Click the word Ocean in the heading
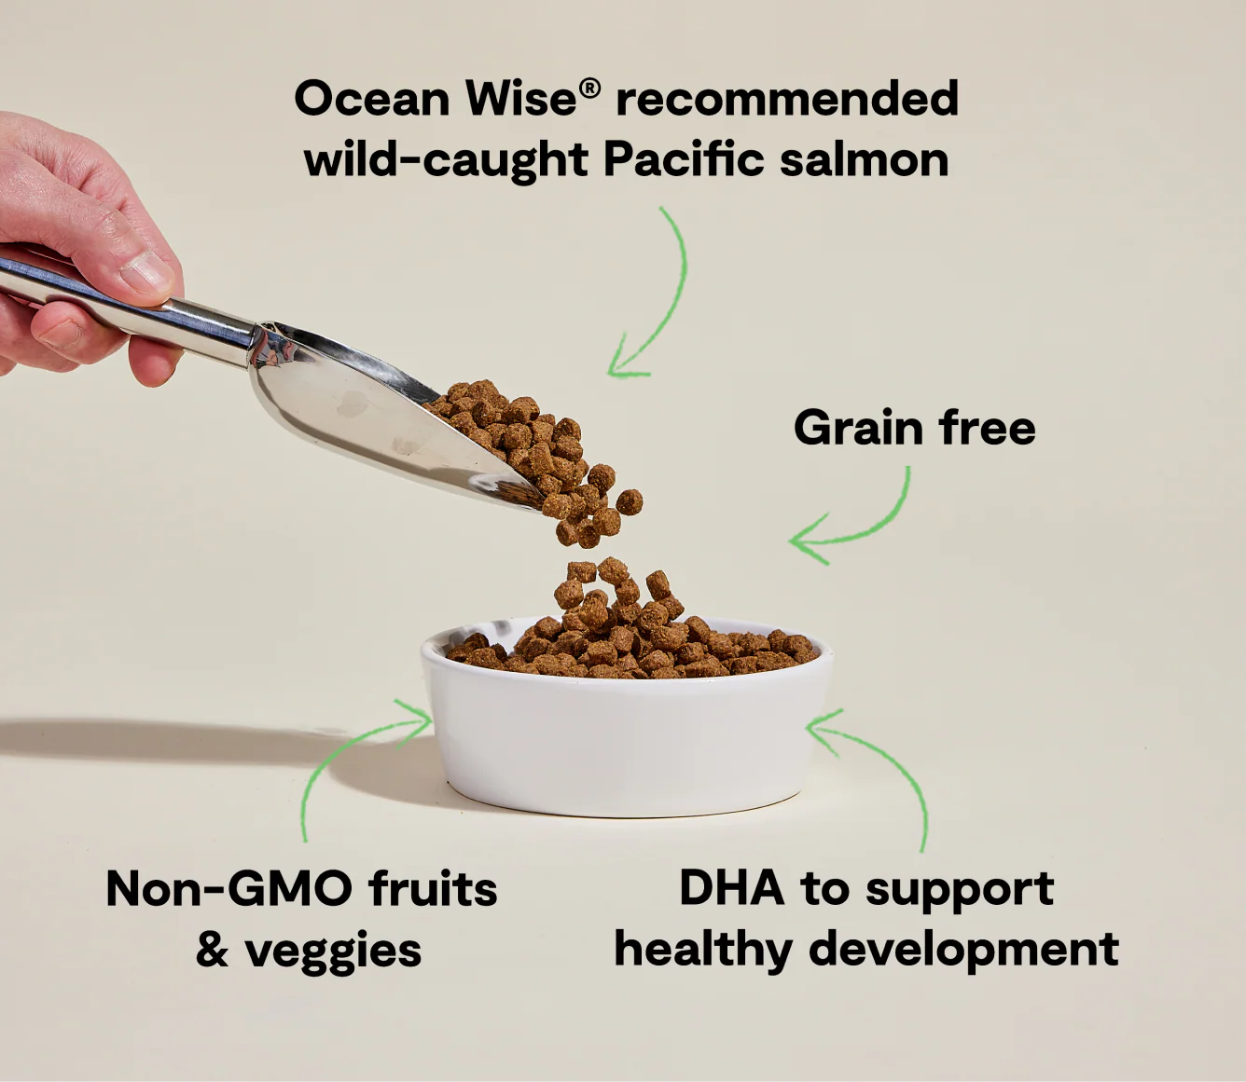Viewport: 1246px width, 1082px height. pyautogui.click(x=371, y=99)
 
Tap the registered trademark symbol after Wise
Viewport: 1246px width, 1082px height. pyautogui.click(x=590, y=89)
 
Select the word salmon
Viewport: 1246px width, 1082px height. pyautogui.click(x=865, y=159)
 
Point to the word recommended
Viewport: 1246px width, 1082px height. pyautogui.click(x=786, y=99)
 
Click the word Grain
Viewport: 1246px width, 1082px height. pyautogui.click(x=858, y=429)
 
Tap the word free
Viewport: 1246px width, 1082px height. pyautogui.click(x=988, y=429)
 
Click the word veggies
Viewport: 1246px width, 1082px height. pyautogui.click(x=333, y=952)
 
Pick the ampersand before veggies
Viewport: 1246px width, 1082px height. pyautogui.click(x=212, y=950)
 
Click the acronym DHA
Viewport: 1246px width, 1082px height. pyautogui.click(x=731, y=888)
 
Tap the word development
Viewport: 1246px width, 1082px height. pyautogui.click(x=963, y=951)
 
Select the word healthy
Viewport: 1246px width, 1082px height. pyautogui.click(x=702, y=951)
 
